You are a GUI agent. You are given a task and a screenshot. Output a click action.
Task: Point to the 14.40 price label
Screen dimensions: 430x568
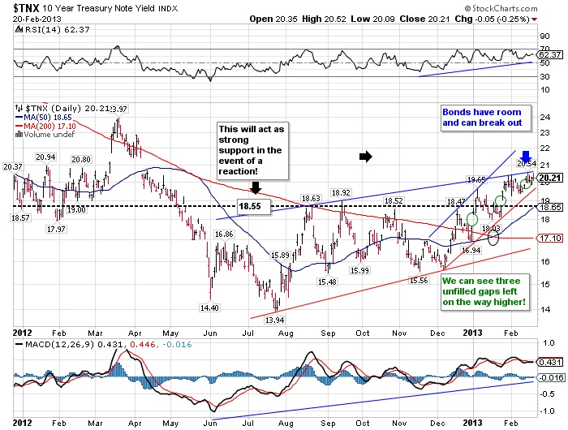click(212, 307)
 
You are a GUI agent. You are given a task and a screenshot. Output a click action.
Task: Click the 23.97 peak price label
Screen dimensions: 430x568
click(118, 108)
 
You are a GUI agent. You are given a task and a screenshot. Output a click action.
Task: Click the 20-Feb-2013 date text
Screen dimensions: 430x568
click(30, 18)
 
